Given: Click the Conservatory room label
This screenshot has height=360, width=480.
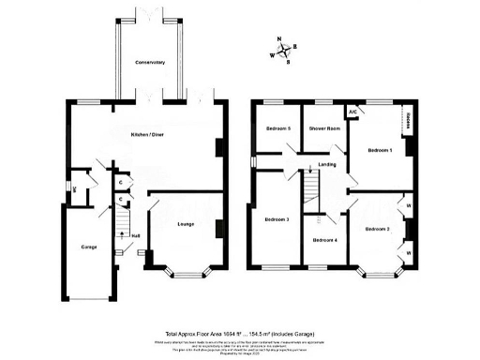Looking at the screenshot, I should point(150,63).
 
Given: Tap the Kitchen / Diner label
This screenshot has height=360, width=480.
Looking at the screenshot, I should point(150,137).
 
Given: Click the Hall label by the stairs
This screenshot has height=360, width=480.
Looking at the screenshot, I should point(136,235).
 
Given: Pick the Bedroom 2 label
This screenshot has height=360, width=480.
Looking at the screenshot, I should point(377,229).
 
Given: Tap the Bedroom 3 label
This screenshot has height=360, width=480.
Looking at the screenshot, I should point(277,219).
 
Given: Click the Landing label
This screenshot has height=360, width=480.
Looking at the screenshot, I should point(327,165).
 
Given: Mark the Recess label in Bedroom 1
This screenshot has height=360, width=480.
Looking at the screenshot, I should point(409,122).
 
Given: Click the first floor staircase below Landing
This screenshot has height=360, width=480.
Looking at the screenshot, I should point(309,193).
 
